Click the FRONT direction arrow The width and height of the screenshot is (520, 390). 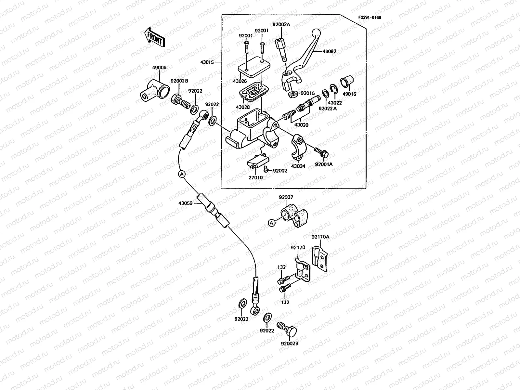pos(155,37)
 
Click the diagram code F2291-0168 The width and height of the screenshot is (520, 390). pos(370,18)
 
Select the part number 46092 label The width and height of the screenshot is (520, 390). pos(329,51)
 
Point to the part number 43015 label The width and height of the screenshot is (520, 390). pos(207,62)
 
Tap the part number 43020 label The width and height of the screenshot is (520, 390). pos(301,124)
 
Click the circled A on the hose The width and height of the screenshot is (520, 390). pos(182,174)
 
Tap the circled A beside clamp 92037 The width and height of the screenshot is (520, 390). pos(271,222)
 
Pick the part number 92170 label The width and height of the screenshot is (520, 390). pos(298,247)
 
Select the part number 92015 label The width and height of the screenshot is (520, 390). pos(307,93)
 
